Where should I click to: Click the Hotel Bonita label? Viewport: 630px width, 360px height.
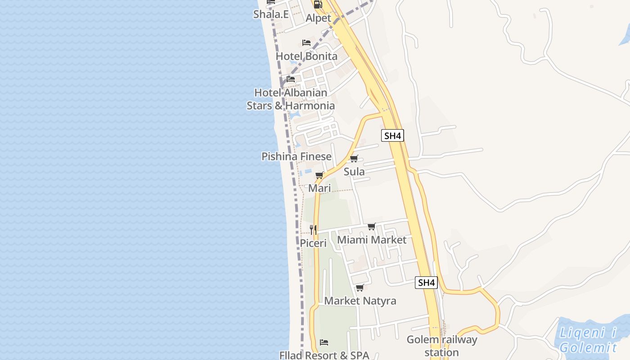(x=306, y=56)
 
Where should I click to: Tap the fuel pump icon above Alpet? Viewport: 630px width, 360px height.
(x=318, y=4)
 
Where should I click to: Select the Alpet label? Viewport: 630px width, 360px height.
(x=318, y=18)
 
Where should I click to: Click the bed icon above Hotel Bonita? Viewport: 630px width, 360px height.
(x=306, y=43)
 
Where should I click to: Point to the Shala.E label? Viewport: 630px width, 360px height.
(x=271, y=14)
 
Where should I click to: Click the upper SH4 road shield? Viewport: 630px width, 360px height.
(x=392, y=135)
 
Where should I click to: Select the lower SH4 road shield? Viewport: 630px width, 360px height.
(x=426, y=283)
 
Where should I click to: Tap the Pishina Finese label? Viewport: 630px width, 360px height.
(x=297, y=157)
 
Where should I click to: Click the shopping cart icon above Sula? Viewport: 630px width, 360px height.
(x=354, y=158)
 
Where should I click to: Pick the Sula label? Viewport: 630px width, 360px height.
(x=354, y=171)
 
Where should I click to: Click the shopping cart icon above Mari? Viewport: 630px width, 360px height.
(x=319, y=175)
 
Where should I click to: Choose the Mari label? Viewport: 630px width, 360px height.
(x=319, y=188)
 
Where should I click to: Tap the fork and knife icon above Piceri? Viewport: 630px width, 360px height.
(x=314, y=230)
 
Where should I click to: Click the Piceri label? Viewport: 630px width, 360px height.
(x=314, y=243)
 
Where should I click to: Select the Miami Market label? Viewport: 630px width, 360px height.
(x=372, y=240)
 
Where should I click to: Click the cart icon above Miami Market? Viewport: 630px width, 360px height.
(x=372, y=226)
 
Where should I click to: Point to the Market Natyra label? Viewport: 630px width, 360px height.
(x=360, y=301)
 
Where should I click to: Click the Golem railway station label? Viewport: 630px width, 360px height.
(x=441, y=346)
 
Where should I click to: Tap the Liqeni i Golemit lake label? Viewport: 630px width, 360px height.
(x=588, y=340)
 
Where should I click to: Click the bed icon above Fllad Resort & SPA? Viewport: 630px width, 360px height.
(x=324, y=342)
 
